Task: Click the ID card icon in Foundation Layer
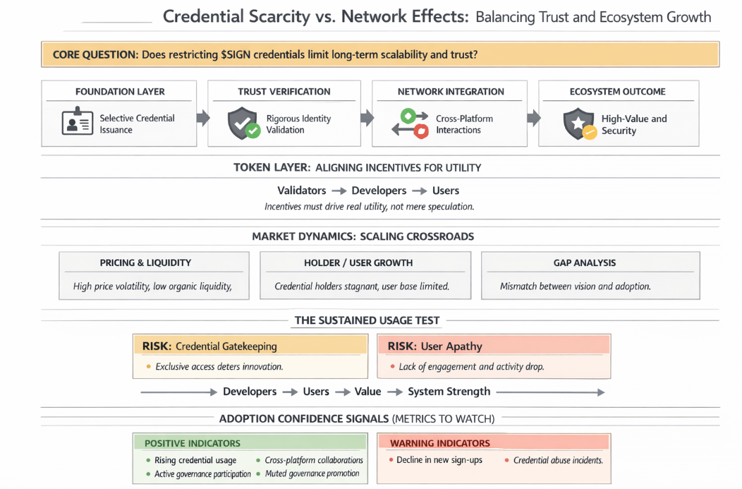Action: [x=78, y=123]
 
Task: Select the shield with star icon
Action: [x=578, y=124]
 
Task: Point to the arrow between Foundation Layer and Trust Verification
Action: [x=202, y=118]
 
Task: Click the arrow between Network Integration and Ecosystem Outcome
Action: [x=533, y=118]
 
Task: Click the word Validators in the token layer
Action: [x=301, y=191]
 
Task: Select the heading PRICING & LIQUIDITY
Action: [x=145, y=262]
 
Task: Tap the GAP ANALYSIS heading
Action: [x=584, y=262]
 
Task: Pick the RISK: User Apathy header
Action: [x=434, y=346]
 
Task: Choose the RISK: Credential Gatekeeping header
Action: [x=209, y=346]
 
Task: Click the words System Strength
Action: [x=449, y=392]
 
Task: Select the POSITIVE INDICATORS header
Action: [x=192, y=443]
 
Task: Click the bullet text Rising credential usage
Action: [x=195, y=460]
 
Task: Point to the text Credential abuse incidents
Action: [x=558, y=460]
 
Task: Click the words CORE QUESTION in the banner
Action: [x=95, y=54]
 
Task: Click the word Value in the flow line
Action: [x=367, y=392]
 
